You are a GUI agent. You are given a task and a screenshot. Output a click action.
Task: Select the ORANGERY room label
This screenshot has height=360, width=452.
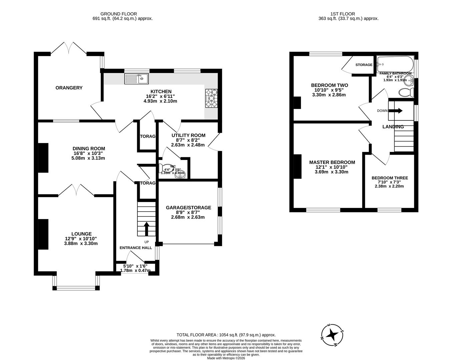69,88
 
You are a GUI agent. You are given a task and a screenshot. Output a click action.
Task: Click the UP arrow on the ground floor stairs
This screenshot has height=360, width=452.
146,229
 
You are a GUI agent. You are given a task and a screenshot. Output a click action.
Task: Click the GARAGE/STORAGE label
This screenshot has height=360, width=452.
188,208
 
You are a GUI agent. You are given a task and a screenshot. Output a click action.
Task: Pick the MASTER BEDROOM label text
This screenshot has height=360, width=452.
332,162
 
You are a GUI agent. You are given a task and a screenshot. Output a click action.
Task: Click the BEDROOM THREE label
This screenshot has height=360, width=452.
390,178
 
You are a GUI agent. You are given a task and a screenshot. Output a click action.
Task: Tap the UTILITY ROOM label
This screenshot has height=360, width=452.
188,135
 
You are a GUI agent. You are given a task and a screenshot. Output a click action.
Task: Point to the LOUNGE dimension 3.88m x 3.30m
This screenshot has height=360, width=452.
81,244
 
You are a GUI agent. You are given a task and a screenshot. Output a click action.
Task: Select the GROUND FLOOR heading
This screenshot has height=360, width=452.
114,14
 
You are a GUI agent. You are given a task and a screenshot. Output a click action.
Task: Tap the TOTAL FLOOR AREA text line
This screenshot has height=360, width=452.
226,335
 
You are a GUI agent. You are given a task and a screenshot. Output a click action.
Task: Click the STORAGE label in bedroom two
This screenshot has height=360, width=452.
364,65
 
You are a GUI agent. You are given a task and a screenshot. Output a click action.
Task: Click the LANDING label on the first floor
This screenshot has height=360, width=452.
393,127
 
